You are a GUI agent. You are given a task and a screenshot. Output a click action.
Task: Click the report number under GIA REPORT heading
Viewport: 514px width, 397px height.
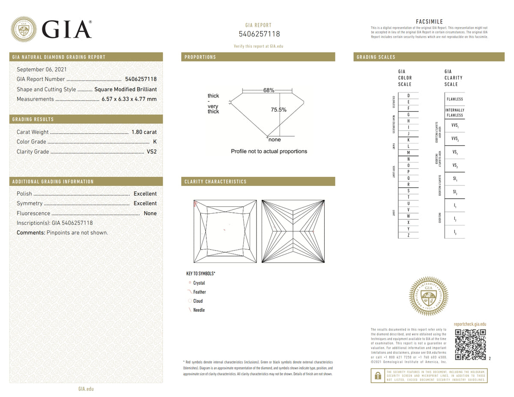[259, 34]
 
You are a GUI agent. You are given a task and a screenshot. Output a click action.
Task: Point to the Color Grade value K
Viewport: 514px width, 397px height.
[155, 142]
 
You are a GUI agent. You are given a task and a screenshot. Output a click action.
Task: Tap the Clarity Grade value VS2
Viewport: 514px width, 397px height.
[152, 152]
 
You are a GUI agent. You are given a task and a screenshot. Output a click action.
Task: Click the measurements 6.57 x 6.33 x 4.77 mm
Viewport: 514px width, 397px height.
[129, 99]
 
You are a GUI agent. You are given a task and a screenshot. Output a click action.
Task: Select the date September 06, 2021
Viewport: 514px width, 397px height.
[42, 69]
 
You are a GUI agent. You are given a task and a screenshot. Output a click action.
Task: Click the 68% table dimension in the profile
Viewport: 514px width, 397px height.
[269, 90]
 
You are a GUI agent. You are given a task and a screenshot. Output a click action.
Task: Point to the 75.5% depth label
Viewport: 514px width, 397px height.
[279, 110]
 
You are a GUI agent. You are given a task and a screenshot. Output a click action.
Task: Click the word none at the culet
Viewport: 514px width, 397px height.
[275, 140]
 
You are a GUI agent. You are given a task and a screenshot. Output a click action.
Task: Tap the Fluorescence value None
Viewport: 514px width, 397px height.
[150, 213]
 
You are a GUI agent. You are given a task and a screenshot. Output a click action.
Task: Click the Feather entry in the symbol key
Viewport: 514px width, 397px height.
[199, 292]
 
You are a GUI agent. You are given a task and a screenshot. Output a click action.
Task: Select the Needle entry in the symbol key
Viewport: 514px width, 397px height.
[199, 310]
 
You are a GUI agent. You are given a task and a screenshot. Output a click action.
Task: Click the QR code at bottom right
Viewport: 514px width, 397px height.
[470, 345]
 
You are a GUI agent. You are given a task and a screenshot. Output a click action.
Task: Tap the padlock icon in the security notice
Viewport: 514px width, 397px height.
[377, 376]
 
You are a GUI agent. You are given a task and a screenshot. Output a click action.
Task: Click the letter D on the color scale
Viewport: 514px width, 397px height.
[409, 96]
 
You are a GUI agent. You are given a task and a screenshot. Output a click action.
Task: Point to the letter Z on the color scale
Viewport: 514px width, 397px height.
[409, 235]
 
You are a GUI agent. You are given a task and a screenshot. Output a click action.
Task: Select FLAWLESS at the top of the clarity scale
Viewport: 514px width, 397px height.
[454, 99]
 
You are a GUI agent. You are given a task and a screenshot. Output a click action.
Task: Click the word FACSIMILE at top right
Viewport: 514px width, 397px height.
[429, 22]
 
